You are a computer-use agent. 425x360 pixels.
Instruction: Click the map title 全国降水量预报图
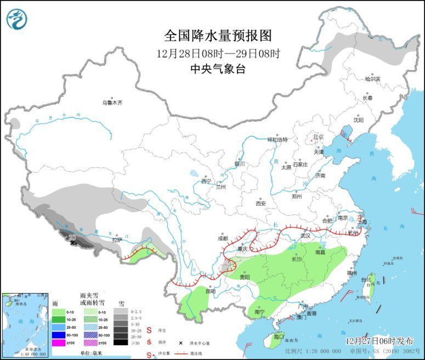click(218, 36)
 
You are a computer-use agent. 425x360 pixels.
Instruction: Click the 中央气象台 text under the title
click(218, 69)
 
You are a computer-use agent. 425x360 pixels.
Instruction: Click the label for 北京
click(318, 137)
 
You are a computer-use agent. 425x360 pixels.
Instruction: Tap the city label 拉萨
click(117, 240)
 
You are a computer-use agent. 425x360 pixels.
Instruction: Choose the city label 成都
click(223, 239)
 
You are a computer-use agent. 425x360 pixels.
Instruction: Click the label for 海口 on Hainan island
click(279, 336)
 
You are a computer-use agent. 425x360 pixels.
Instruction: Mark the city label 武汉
click(305, 235)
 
